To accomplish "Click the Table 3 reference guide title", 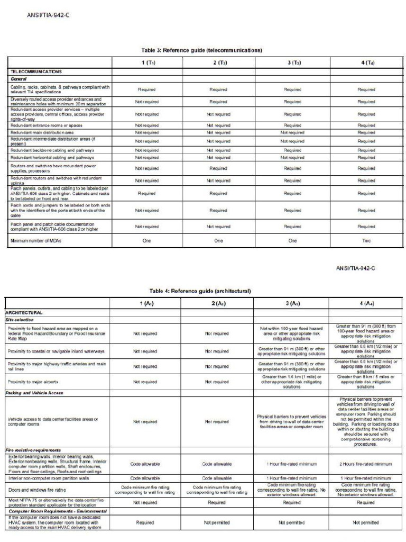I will (202, 50).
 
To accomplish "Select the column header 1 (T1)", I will (146, 62).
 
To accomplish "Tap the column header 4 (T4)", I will (366, 62).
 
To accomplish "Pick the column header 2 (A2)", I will (217, 304).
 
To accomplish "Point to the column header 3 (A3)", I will (291, 304).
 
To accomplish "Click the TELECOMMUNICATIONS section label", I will (36, 71).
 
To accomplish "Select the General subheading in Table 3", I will (19, 78).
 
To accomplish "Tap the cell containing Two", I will (366, 241).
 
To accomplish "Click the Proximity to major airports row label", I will (40, 382).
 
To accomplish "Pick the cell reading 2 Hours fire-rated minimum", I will (366, 464).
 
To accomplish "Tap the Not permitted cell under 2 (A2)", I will (217, 522).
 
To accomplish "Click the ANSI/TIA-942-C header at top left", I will (49, 15).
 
